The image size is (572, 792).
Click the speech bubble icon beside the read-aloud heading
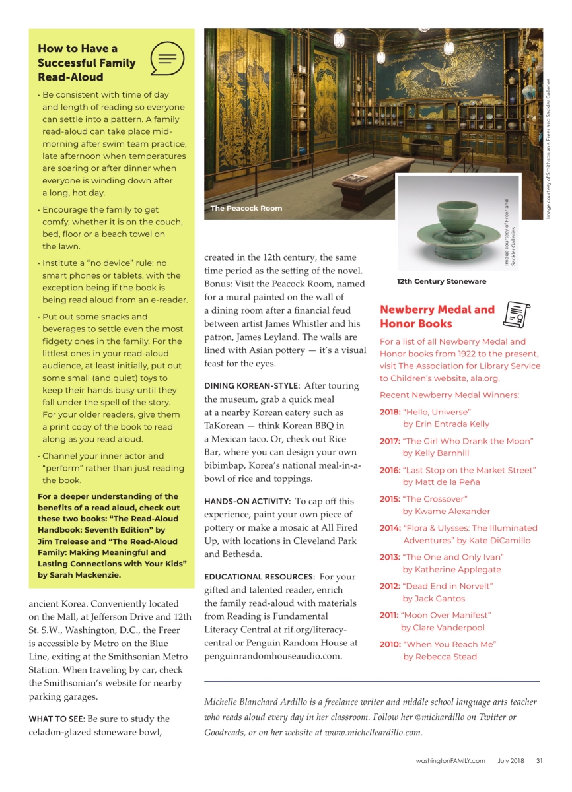(x=166, y=59)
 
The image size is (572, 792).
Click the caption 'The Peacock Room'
(x=246, y=209)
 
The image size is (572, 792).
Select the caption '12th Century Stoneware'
(x=441, y=281)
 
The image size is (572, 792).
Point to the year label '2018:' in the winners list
(x=390, y=412)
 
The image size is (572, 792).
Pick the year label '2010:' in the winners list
(x=390, y=644)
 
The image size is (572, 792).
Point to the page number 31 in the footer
(x=539, y=760)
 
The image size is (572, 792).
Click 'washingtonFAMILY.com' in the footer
(x=450, y=760)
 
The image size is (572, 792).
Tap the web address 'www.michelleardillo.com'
(x=373, y=732)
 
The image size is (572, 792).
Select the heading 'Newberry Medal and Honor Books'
(x=437, y=316)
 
